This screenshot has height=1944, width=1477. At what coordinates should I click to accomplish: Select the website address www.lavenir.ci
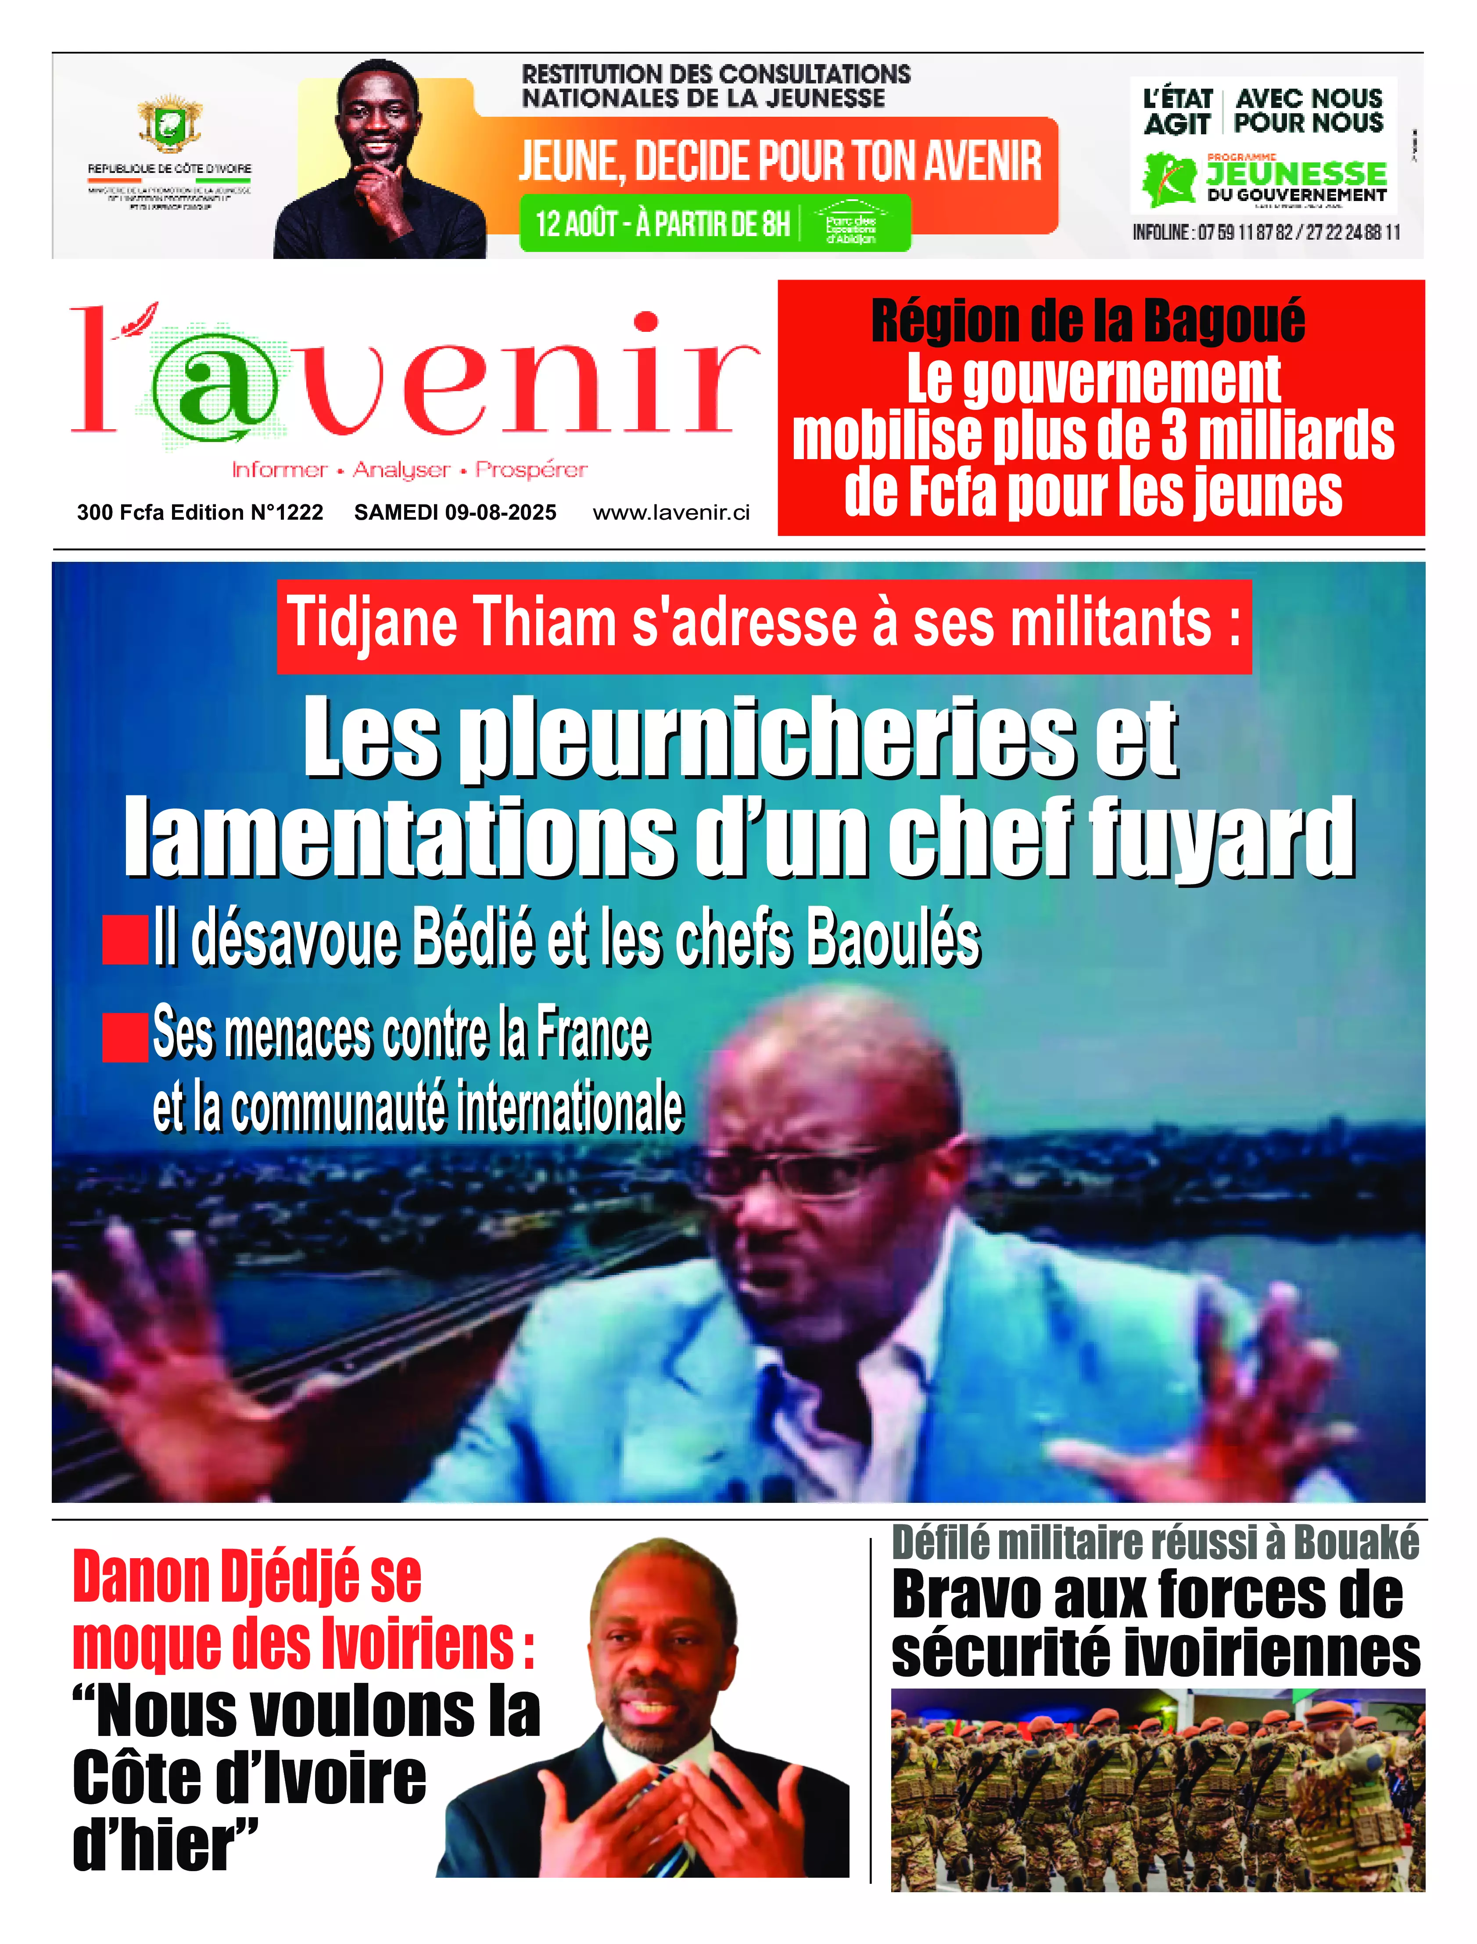coord(671,513)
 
